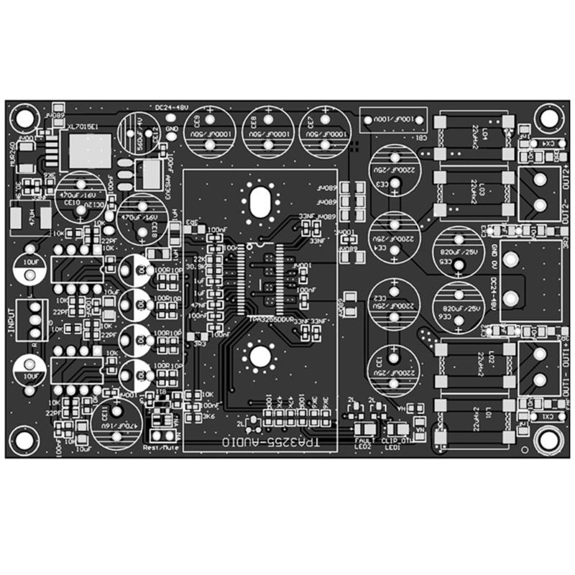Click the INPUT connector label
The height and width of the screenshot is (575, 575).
pos(11,320)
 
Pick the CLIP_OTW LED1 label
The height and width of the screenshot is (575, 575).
pos(395,439)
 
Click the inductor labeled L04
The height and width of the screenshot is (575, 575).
pos(475,136)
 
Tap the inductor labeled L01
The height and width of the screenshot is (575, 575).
pos(475,421)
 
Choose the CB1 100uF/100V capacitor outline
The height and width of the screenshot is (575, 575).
pos(392,119)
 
